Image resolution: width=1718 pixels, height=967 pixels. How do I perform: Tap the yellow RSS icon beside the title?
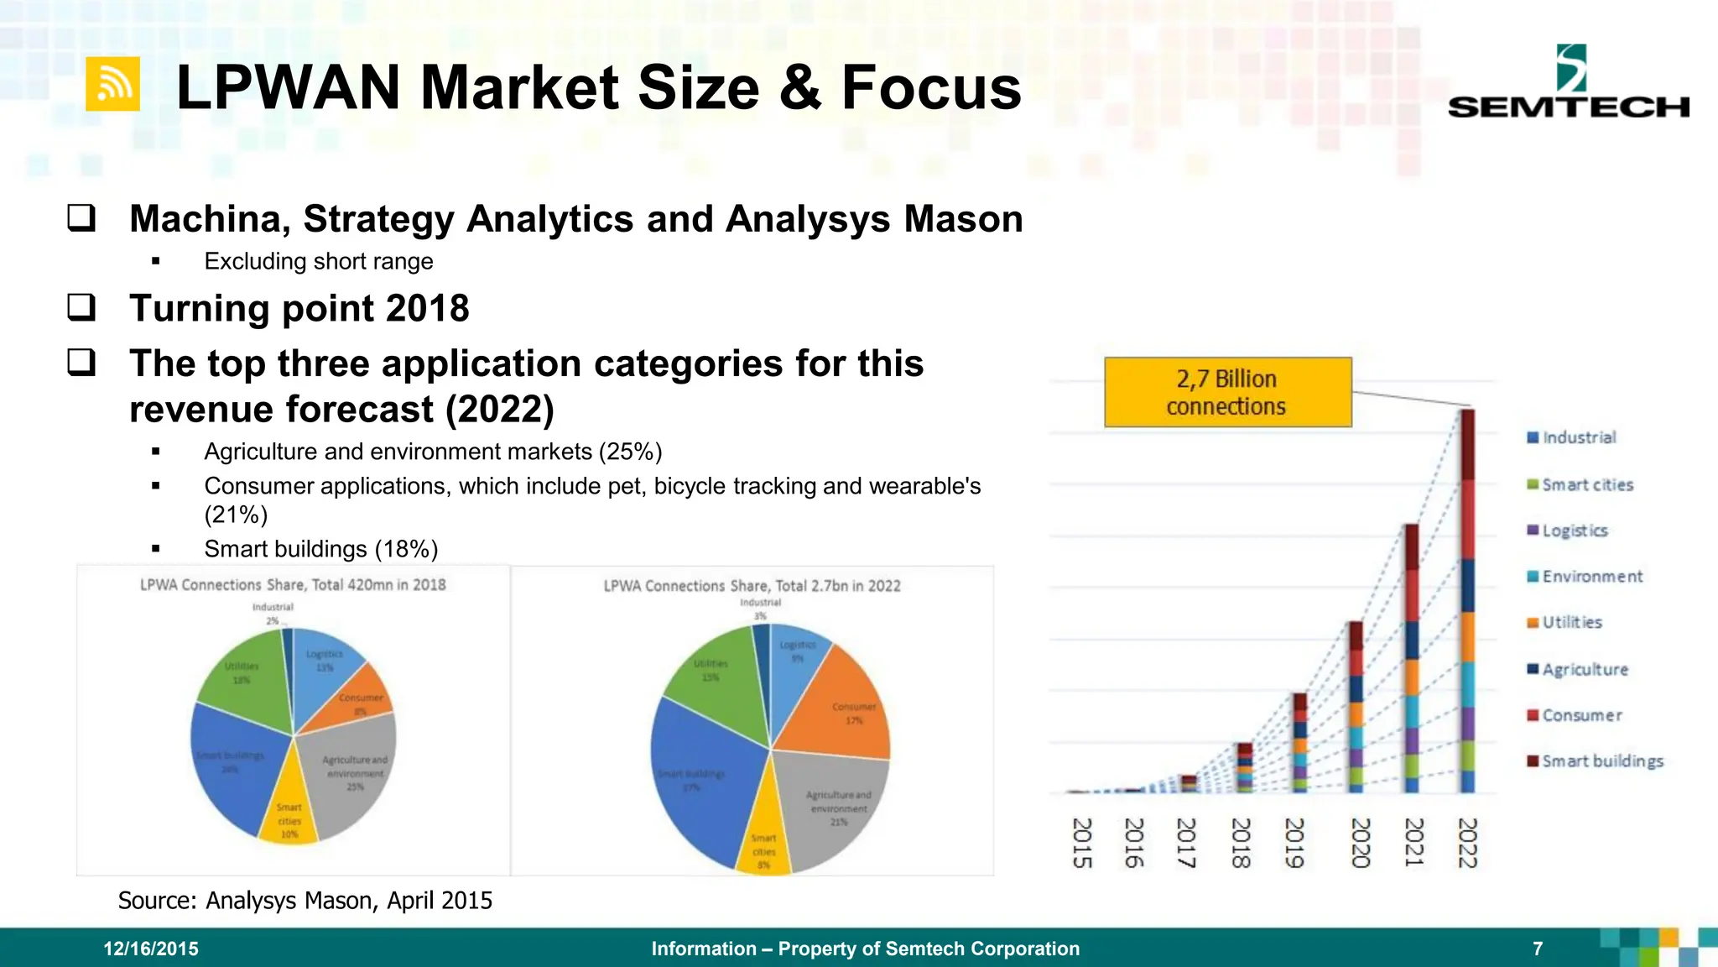112,84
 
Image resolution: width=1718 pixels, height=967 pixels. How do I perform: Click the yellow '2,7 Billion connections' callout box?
1227,392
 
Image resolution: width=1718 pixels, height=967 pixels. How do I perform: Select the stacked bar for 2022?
1467,600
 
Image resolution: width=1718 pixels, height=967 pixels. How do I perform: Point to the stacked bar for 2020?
1356,707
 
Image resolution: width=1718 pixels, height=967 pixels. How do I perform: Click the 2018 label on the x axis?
1241,843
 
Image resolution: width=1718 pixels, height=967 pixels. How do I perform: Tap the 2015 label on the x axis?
1082,843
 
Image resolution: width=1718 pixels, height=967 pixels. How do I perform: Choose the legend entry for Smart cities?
1580,484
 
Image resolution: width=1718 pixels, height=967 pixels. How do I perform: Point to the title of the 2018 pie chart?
293,584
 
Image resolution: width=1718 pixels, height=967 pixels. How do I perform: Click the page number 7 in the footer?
1538,949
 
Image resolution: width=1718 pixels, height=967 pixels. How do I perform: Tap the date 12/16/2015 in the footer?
151,949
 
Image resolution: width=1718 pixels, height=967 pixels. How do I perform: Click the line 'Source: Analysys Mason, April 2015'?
305,900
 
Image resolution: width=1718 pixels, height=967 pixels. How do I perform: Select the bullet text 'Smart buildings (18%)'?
320,549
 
